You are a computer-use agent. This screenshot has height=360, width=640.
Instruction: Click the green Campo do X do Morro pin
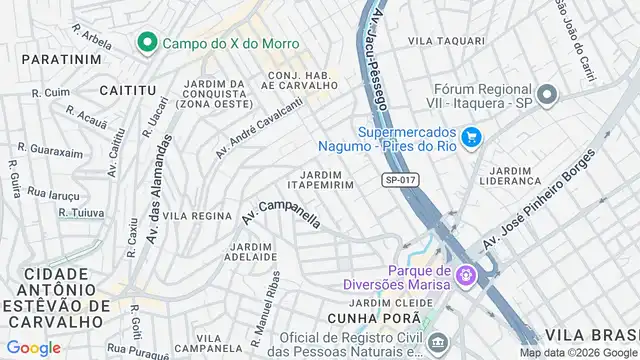[146, 43]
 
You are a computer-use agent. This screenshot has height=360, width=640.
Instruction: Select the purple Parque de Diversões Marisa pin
[463, 273]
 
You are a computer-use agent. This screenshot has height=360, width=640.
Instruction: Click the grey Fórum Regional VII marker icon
[546, 96]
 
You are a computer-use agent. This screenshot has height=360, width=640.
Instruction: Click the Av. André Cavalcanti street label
[258, 130]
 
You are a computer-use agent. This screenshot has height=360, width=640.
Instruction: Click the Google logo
[33, 348]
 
